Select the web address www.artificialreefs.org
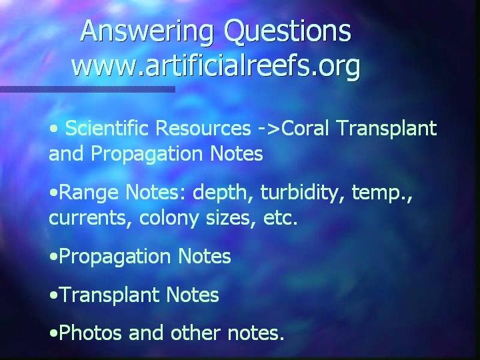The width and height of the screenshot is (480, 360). (x=216, y=65)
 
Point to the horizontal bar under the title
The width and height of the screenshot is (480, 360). (x=87, y=89)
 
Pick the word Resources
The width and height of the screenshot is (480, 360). (x=203, y=128)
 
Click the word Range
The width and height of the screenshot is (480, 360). (x=89, y=193)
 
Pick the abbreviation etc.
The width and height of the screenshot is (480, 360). (x=280, y=218)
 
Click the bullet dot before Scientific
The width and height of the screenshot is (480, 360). (x=53, y=129)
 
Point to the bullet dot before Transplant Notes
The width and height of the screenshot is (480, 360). (x=53, y=295)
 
